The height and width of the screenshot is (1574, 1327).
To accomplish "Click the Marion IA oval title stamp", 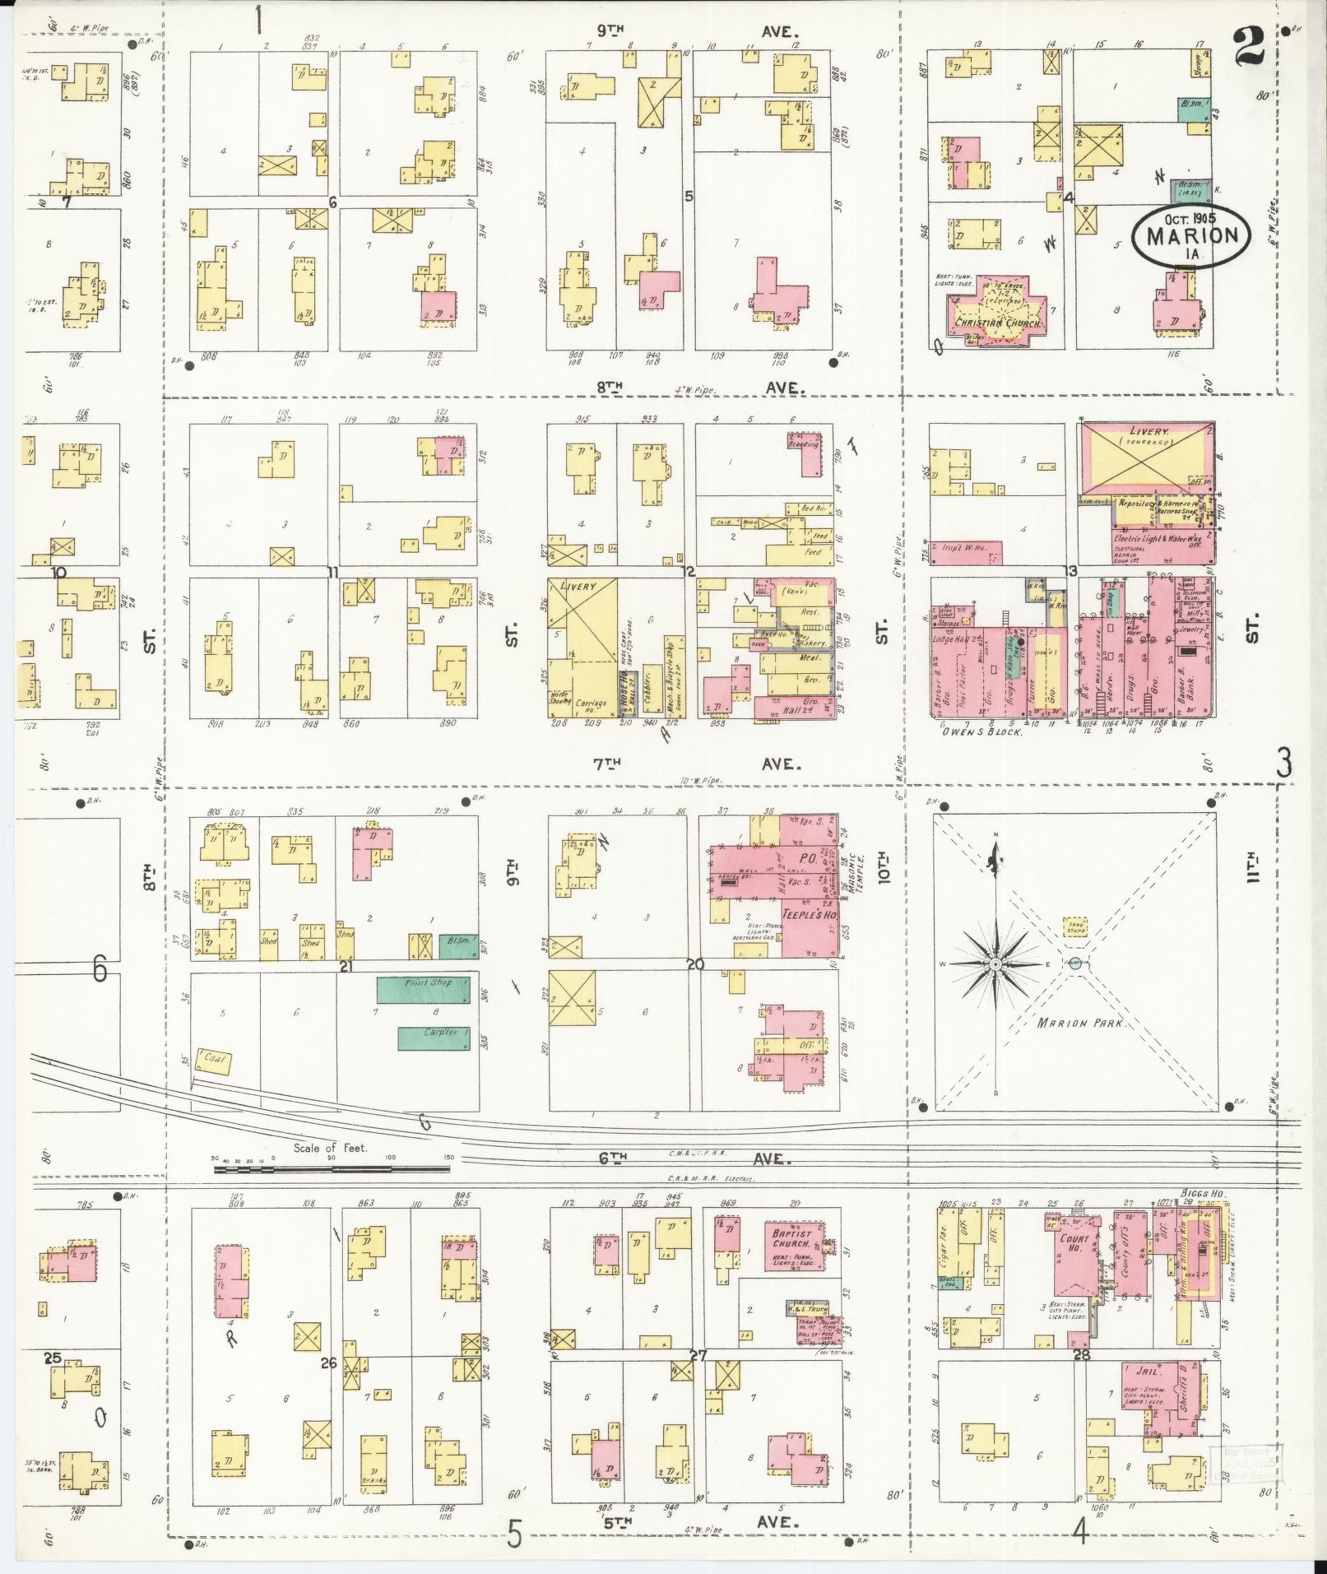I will point(1191,234).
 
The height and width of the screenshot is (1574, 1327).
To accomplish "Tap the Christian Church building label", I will point(998,323).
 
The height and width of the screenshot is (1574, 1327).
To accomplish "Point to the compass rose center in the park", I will point(995,963).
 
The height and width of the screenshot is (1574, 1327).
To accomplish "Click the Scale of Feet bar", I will point(333,1167).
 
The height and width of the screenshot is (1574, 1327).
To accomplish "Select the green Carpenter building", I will point(434,1038).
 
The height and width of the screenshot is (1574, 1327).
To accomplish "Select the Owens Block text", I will point(986,731).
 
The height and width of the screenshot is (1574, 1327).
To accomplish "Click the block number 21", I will point(346,967).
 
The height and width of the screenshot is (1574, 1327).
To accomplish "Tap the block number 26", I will point(329,1363).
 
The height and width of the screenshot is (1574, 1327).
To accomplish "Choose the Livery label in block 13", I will point(1145,431).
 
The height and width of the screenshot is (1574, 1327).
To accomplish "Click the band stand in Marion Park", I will point(1075,928).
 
